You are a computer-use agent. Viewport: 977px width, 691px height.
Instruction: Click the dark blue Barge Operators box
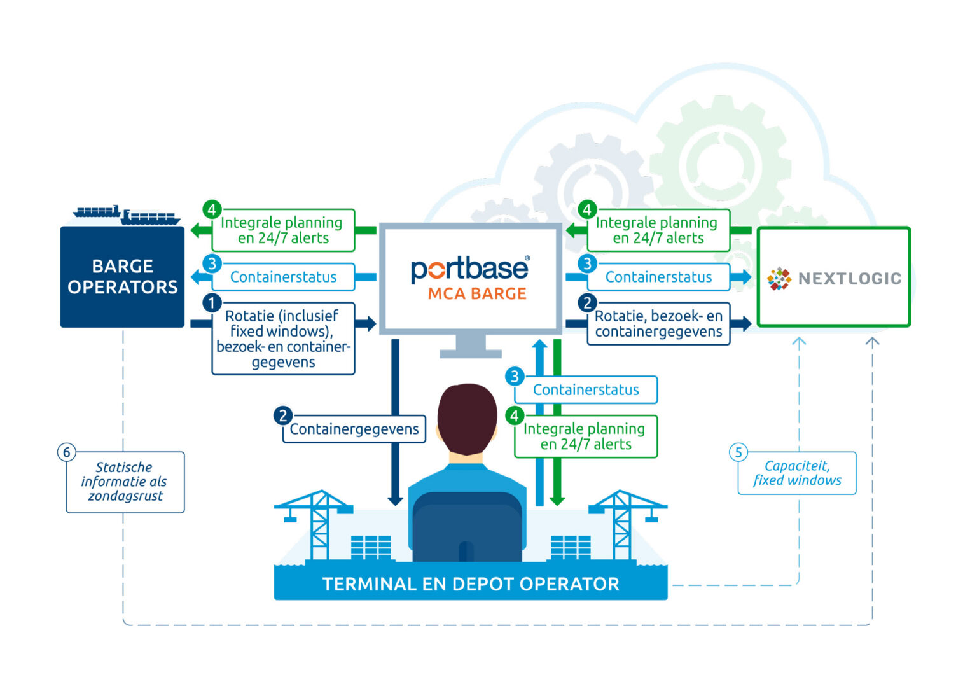click(x=122, y=277)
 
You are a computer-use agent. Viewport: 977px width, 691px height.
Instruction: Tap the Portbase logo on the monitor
click(x=469, y=269)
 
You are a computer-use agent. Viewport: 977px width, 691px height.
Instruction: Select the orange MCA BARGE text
click(x=477, y=294)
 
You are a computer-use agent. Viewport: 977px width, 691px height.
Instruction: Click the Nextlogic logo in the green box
click(x=834, y=278)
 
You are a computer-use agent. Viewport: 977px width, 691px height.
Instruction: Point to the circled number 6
click(x=66, y=452)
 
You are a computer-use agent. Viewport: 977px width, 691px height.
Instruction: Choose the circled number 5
click(x=738, y=452)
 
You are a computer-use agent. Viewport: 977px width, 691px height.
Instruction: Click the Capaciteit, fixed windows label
click(x=797, y=473)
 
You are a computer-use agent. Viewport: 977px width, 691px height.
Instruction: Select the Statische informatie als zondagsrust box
click(x=125, y=482)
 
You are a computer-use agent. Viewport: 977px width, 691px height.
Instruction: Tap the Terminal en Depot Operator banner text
click(x=471, y=584)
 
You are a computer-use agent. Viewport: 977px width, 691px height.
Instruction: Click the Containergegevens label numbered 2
click(x=354, y=429)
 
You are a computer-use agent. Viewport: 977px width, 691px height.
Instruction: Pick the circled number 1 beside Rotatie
click(x=212, y=303)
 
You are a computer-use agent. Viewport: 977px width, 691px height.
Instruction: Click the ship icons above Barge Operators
click(x=127, y=215)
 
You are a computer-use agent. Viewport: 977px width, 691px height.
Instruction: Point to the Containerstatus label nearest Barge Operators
click(x=283, y=277)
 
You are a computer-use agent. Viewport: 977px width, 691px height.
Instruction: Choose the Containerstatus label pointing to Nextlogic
click(x=658, y=277)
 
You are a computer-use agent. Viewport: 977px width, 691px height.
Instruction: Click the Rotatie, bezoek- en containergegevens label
click(x=658, y=324)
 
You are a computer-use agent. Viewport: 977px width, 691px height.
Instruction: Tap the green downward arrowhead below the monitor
click(x=557, y=501)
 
